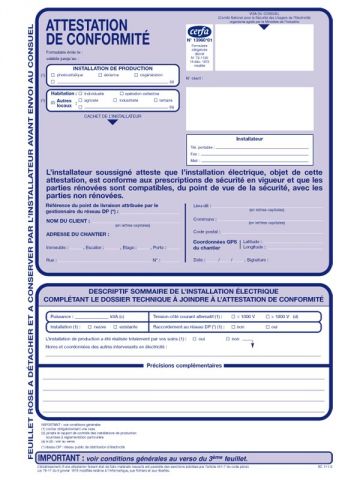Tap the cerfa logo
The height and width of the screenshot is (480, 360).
(x=202, y=30)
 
